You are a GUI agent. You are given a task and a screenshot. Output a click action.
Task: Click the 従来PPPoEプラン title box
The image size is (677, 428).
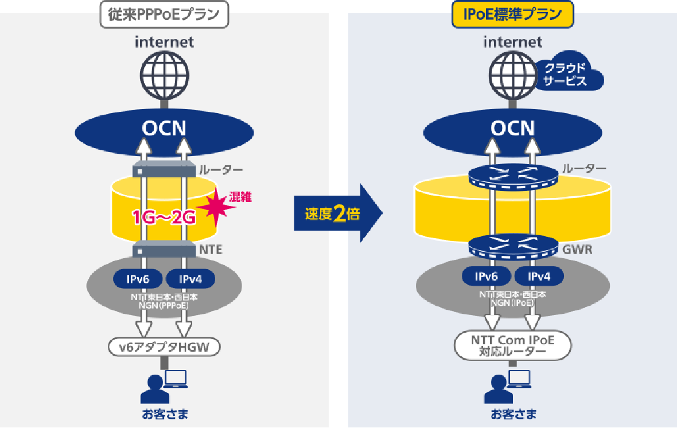[164, 15]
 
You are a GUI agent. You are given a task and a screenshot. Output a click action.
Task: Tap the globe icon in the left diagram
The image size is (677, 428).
[165, 76]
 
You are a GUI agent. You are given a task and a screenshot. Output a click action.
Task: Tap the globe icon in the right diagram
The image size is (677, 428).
[512, 76]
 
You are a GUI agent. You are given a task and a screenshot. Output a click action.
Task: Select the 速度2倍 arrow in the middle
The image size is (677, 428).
[337, 215]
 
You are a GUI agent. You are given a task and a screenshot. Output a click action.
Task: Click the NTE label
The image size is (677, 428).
[210, 250]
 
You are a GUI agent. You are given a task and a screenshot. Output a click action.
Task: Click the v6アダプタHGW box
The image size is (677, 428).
[165, 347]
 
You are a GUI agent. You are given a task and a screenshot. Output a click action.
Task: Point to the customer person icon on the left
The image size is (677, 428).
[152, 388]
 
